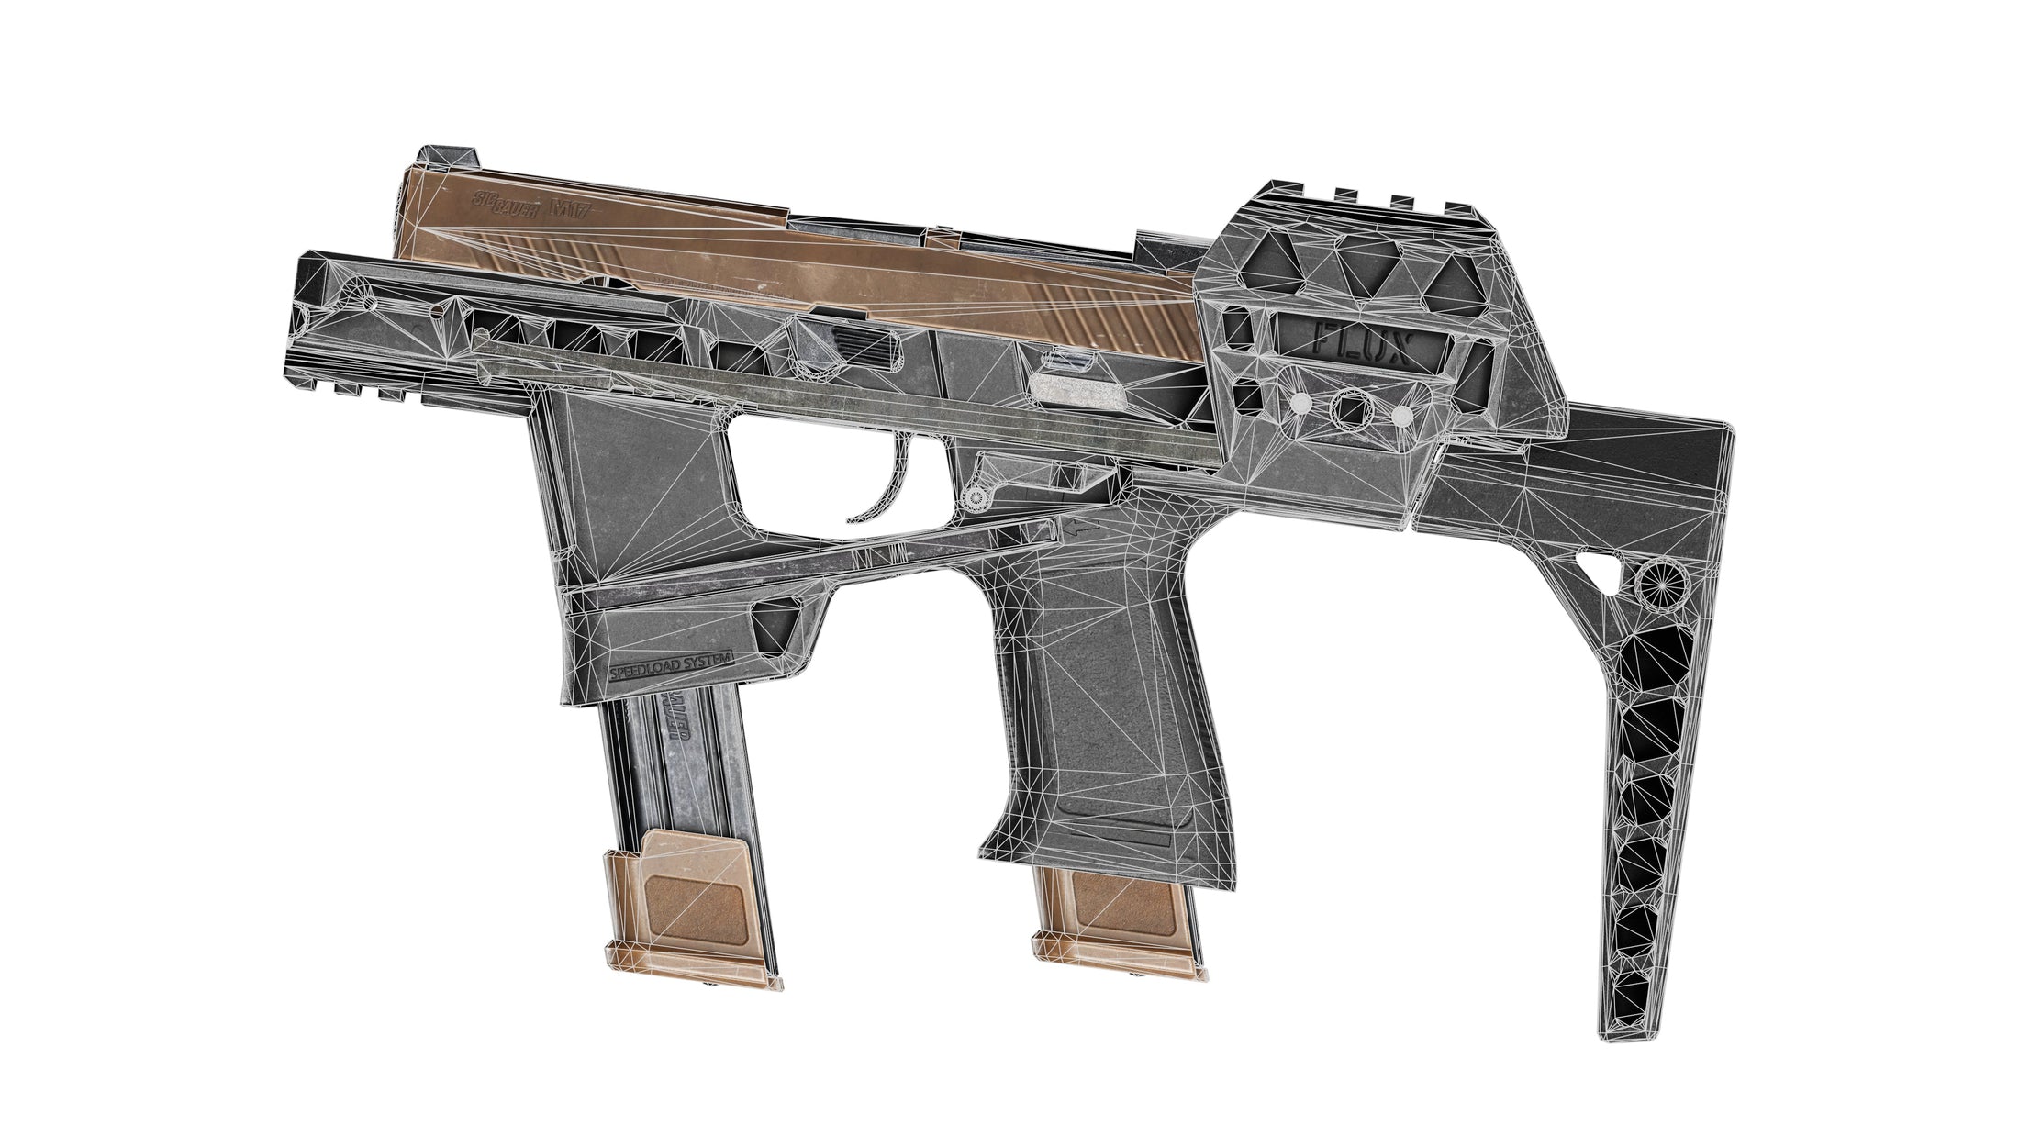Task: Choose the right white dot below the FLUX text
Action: pyautogui.click(x=1400, y=416)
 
